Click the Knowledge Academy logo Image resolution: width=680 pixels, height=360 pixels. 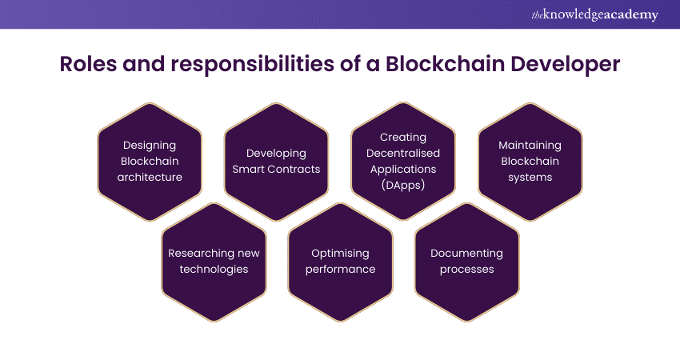(594, 14)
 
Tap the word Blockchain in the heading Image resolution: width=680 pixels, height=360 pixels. (446, 64)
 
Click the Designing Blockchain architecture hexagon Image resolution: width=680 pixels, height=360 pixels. (150, 162)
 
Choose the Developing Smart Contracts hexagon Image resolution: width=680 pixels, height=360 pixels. (276, 162)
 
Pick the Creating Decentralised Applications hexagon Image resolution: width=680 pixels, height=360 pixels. (403, 162)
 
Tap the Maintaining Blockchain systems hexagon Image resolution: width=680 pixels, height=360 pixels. (530, 162)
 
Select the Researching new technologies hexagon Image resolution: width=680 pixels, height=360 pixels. (214, 262)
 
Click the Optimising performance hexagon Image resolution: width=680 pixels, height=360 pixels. (341, 262)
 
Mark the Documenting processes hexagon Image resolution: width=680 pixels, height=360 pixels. (466, 262)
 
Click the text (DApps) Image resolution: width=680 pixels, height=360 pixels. (403, 186)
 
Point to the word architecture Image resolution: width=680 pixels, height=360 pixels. (150, 177)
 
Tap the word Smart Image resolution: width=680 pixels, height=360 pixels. (247, 169)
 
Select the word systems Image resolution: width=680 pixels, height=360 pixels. (530, 178)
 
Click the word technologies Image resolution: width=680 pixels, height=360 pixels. (214, 270)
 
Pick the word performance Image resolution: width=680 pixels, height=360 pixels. (341, 270)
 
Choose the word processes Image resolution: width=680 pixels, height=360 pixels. (466, 270)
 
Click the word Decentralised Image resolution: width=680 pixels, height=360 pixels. (403, 153)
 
